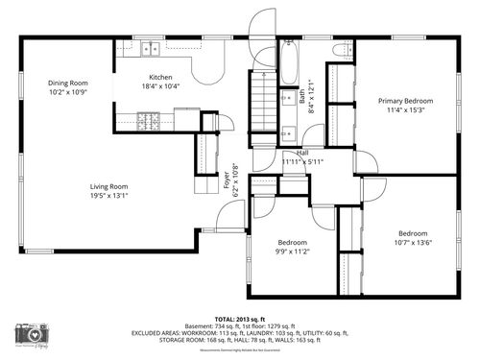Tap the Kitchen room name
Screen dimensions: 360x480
click(x=160, y=78)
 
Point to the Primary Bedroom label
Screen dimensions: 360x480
click(x=404, y=101)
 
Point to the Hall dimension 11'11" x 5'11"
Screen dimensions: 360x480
click(x=301, y=161)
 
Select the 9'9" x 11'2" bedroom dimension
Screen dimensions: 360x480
click(x=292, y=252)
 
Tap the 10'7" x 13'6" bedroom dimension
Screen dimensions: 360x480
click(x=413, y=243)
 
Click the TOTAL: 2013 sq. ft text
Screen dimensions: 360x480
click(x=239, y=318)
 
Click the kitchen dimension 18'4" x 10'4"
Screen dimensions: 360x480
click(x=160, y=87)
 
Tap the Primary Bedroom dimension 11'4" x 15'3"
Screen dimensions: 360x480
click(x=404, y=110)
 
